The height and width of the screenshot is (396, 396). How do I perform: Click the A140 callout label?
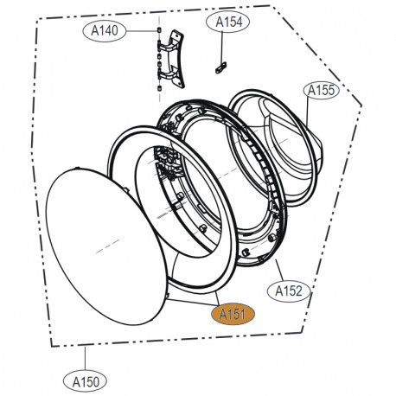click(105, 30)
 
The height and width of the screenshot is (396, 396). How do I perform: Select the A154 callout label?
click(228, 22)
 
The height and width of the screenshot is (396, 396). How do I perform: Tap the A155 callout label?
click(322, 91)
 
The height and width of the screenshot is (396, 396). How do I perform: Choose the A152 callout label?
click(289, 291)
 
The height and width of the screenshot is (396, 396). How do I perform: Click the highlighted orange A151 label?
click(233, 314)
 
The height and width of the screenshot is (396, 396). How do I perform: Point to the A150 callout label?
click(85, 382)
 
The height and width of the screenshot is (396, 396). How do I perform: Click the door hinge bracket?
click(171, 59)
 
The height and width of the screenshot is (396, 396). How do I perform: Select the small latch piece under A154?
click(221, 68)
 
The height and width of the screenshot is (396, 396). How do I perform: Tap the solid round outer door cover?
click(106, 246)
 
